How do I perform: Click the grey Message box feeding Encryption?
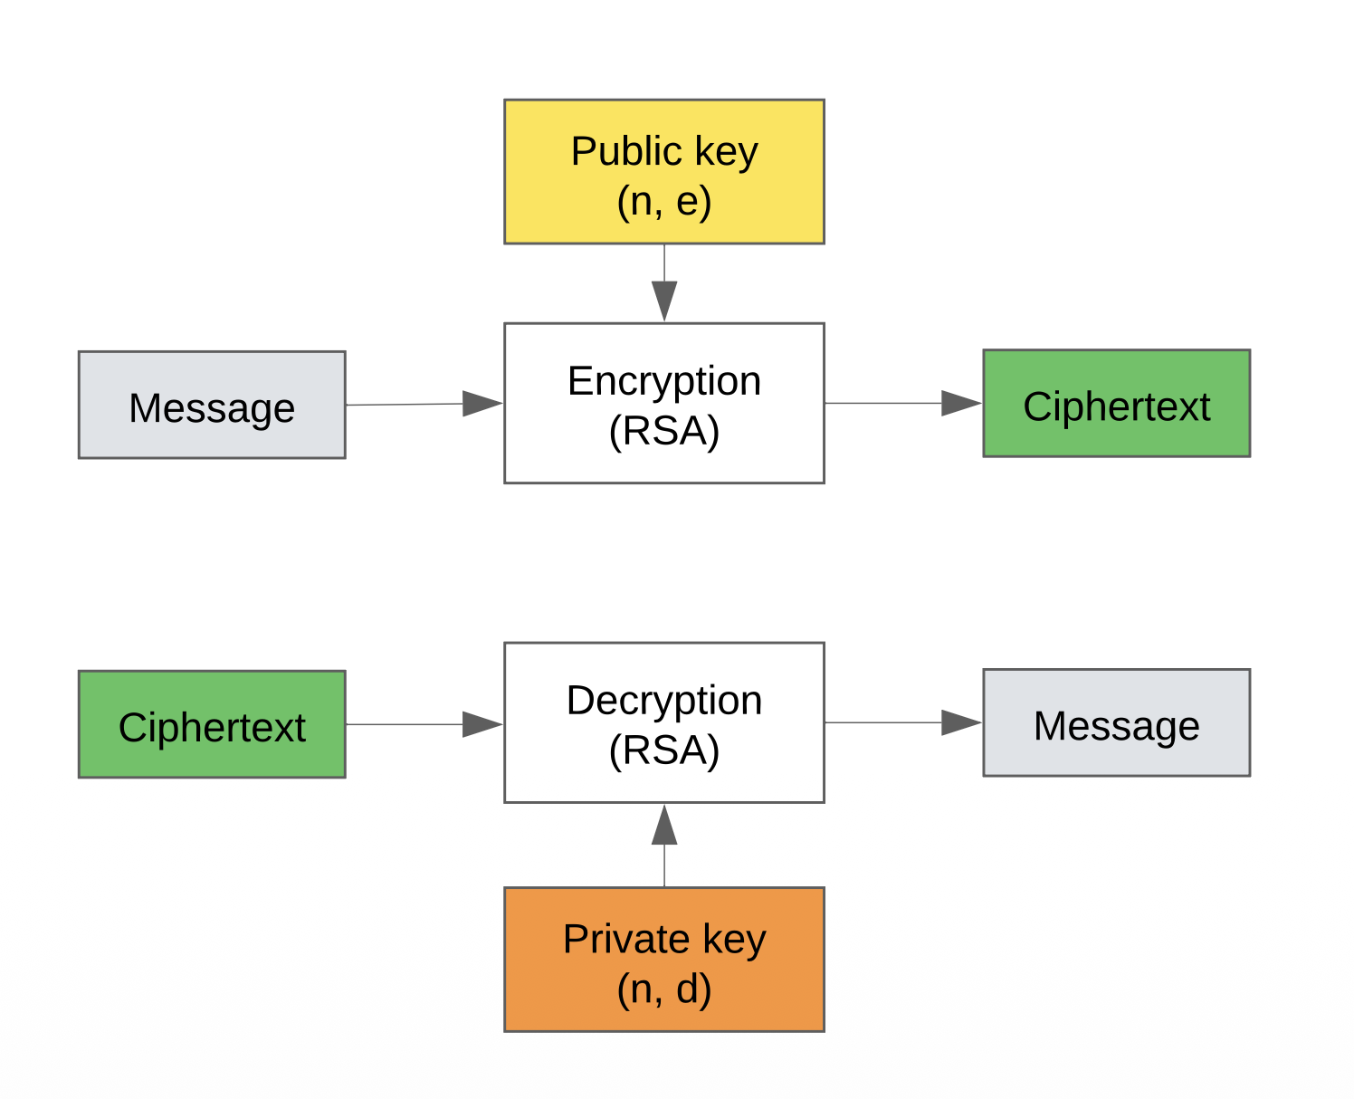(211, 405)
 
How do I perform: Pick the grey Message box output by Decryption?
(1116, 722)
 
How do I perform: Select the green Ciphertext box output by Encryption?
(1116, 403)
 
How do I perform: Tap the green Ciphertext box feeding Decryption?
(211, 724)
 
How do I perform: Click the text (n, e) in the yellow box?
(663, 201)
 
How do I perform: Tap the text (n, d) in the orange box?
(663, 989)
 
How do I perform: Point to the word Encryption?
(663, 381)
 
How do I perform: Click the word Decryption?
(663, 701)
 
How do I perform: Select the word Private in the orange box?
(625, 940)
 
